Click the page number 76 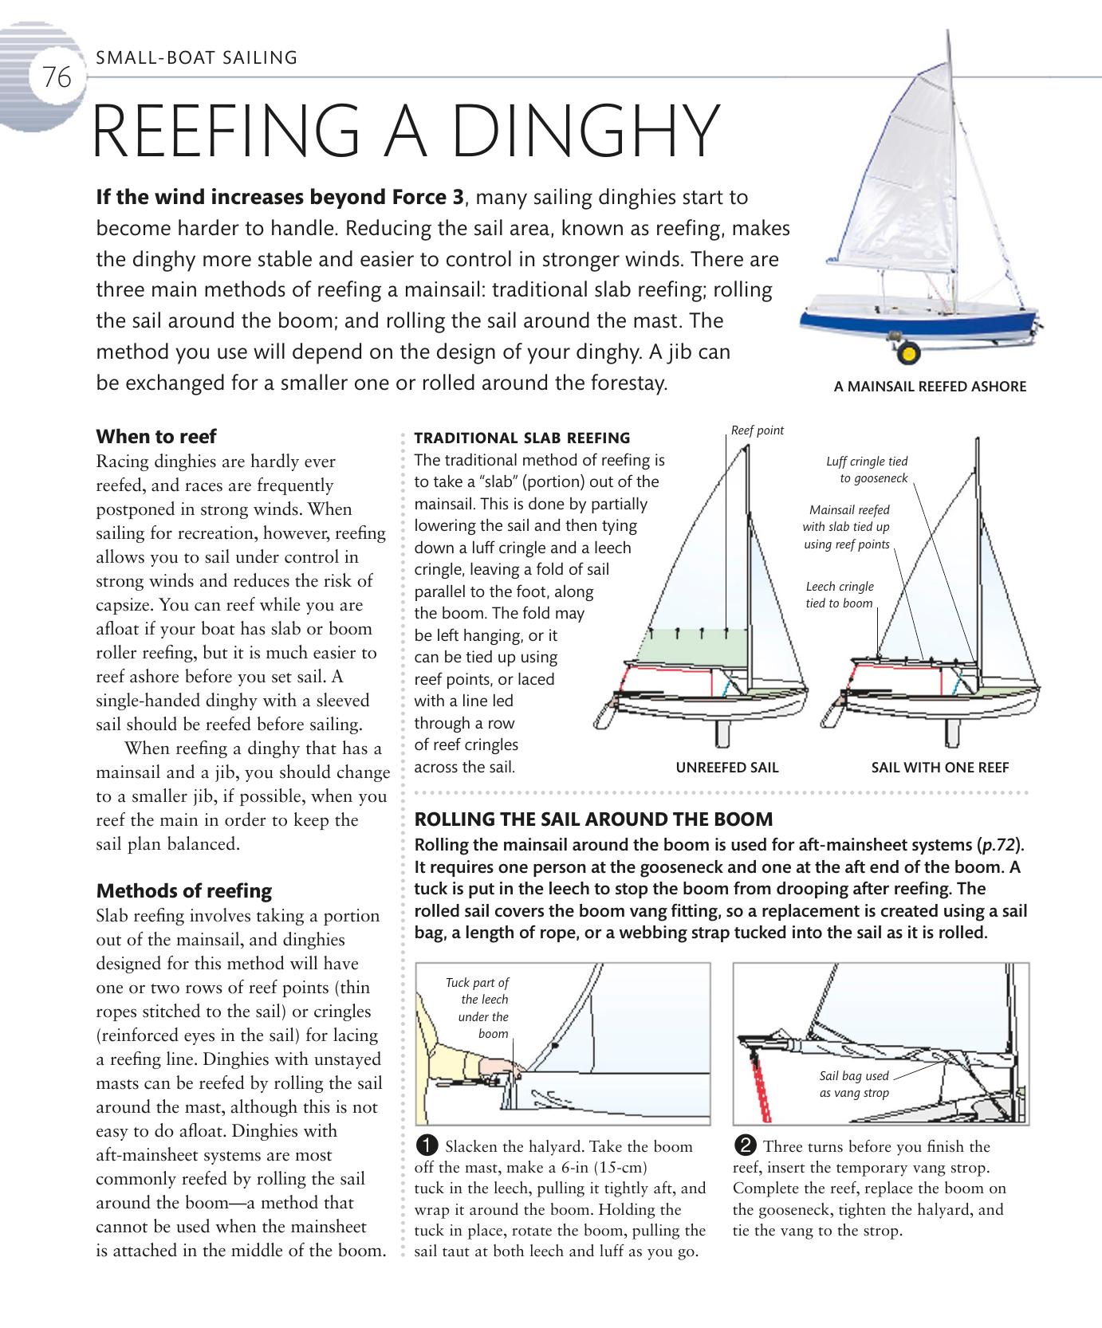(57, 78)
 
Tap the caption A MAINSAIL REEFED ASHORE (930, 387)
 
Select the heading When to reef (156, 437)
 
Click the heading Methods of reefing (183, 891)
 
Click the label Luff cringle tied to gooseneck (868, 470)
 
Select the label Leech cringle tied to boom (840, 595)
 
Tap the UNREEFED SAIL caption (727, 768)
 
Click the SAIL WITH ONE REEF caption (940, 768)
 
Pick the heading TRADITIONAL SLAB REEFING (522, 438)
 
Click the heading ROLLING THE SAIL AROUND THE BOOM (594, 819)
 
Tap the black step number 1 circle (427, 1146)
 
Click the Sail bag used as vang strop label (854, 1084)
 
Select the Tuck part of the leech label (478, 1008)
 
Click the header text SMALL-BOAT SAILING (196, 57)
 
